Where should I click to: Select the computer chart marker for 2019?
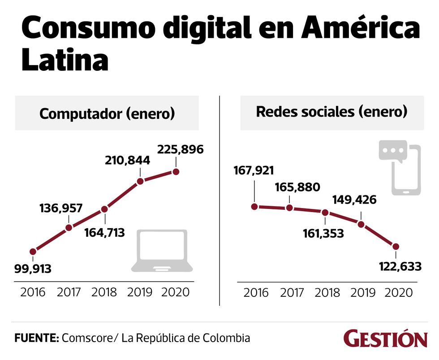[140, 181]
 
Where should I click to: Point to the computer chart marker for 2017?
[69, 227]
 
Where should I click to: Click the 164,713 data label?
[104, 233]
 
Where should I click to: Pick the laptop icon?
[162, 251]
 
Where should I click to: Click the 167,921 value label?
[254, 171]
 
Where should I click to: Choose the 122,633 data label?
[396, 267]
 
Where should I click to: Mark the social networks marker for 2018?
[325, 213]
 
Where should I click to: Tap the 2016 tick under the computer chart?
[33, 292]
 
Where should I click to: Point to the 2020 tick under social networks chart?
[398, 293]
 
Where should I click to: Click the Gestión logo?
[385, 339]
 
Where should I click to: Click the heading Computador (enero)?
[107, 113]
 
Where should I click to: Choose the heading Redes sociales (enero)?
[331, 112]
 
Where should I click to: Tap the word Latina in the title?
[65, 61]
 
